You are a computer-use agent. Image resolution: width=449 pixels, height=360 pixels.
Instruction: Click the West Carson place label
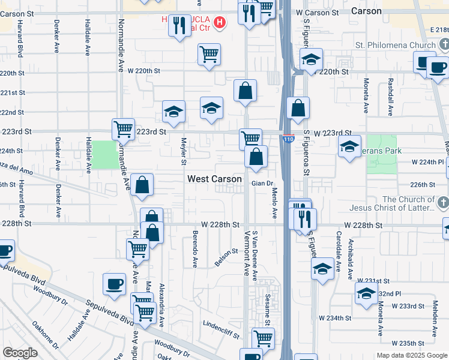coord(214,179)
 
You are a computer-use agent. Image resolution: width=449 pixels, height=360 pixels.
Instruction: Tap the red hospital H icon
coord(220,23)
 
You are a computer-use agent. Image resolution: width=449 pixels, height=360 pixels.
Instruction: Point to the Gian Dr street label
coord(262,183)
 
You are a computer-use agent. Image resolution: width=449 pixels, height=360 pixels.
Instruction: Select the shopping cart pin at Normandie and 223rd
coord(123,128)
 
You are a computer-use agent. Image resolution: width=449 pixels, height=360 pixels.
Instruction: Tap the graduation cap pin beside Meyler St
coord(173,111)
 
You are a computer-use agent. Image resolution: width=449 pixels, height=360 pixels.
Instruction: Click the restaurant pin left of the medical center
coord(179,25)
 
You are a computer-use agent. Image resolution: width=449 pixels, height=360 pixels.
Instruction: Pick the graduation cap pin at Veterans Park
coord(349,146)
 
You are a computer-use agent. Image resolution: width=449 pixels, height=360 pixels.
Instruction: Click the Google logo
coord(20,352)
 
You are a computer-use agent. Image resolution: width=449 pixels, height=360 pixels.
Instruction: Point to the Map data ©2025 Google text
coord(411,355)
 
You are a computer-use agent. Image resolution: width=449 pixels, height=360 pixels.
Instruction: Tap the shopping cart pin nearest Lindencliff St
coord(263,338)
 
